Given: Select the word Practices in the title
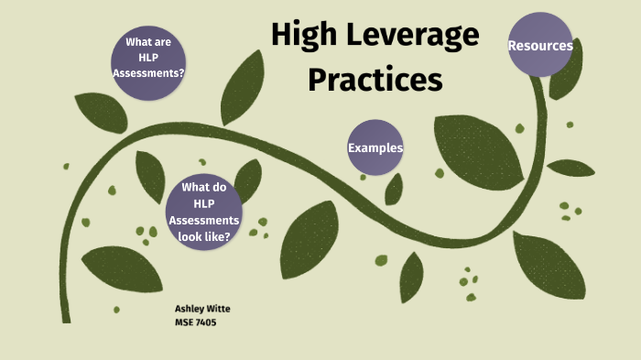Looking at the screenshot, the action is tap(375, 80).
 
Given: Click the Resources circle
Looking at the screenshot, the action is tap(540, 45).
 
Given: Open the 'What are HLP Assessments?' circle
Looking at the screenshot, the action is tap(147, 58).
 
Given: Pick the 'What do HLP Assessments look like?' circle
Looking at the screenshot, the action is tap(203, 212).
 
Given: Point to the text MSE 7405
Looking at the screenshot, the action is tap(195, 322).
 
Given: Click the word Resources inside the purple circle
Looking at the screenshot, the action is tap(540, 45).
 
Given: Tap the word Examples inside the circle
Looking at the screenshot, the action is tap(375, 148).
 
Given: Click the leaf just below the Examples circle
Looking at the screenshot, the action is tap(394, 189).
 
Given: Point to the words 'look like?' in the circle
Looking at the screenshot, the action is tap(203, 235).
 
